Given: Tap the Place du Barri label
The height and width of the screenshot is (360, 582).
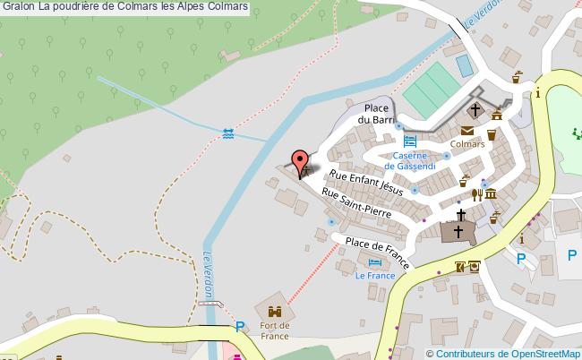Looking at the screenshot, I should pos(376,114).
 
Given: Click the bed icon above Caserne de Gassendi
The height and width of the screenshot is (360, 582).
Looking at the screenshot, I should pos(410,140).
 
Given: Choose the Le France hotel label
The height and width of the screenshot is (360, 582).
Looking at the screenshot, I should pos(375,276).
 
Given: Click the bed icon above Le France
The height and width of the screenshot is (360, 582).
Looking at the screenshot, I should pos(375,261).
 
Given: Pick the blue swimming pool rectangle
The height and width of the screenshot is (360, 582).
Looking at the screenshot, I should pos(464,65).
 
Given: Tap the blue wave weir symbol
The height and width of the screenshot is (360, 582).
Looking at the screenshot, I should pos(228,133).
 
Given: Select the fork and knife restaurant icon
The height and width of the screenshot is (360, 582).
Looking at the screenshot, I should pos(477,194).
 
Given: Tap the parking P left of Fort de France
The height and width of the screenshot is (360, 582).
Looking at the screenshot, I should pos(239,328).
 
